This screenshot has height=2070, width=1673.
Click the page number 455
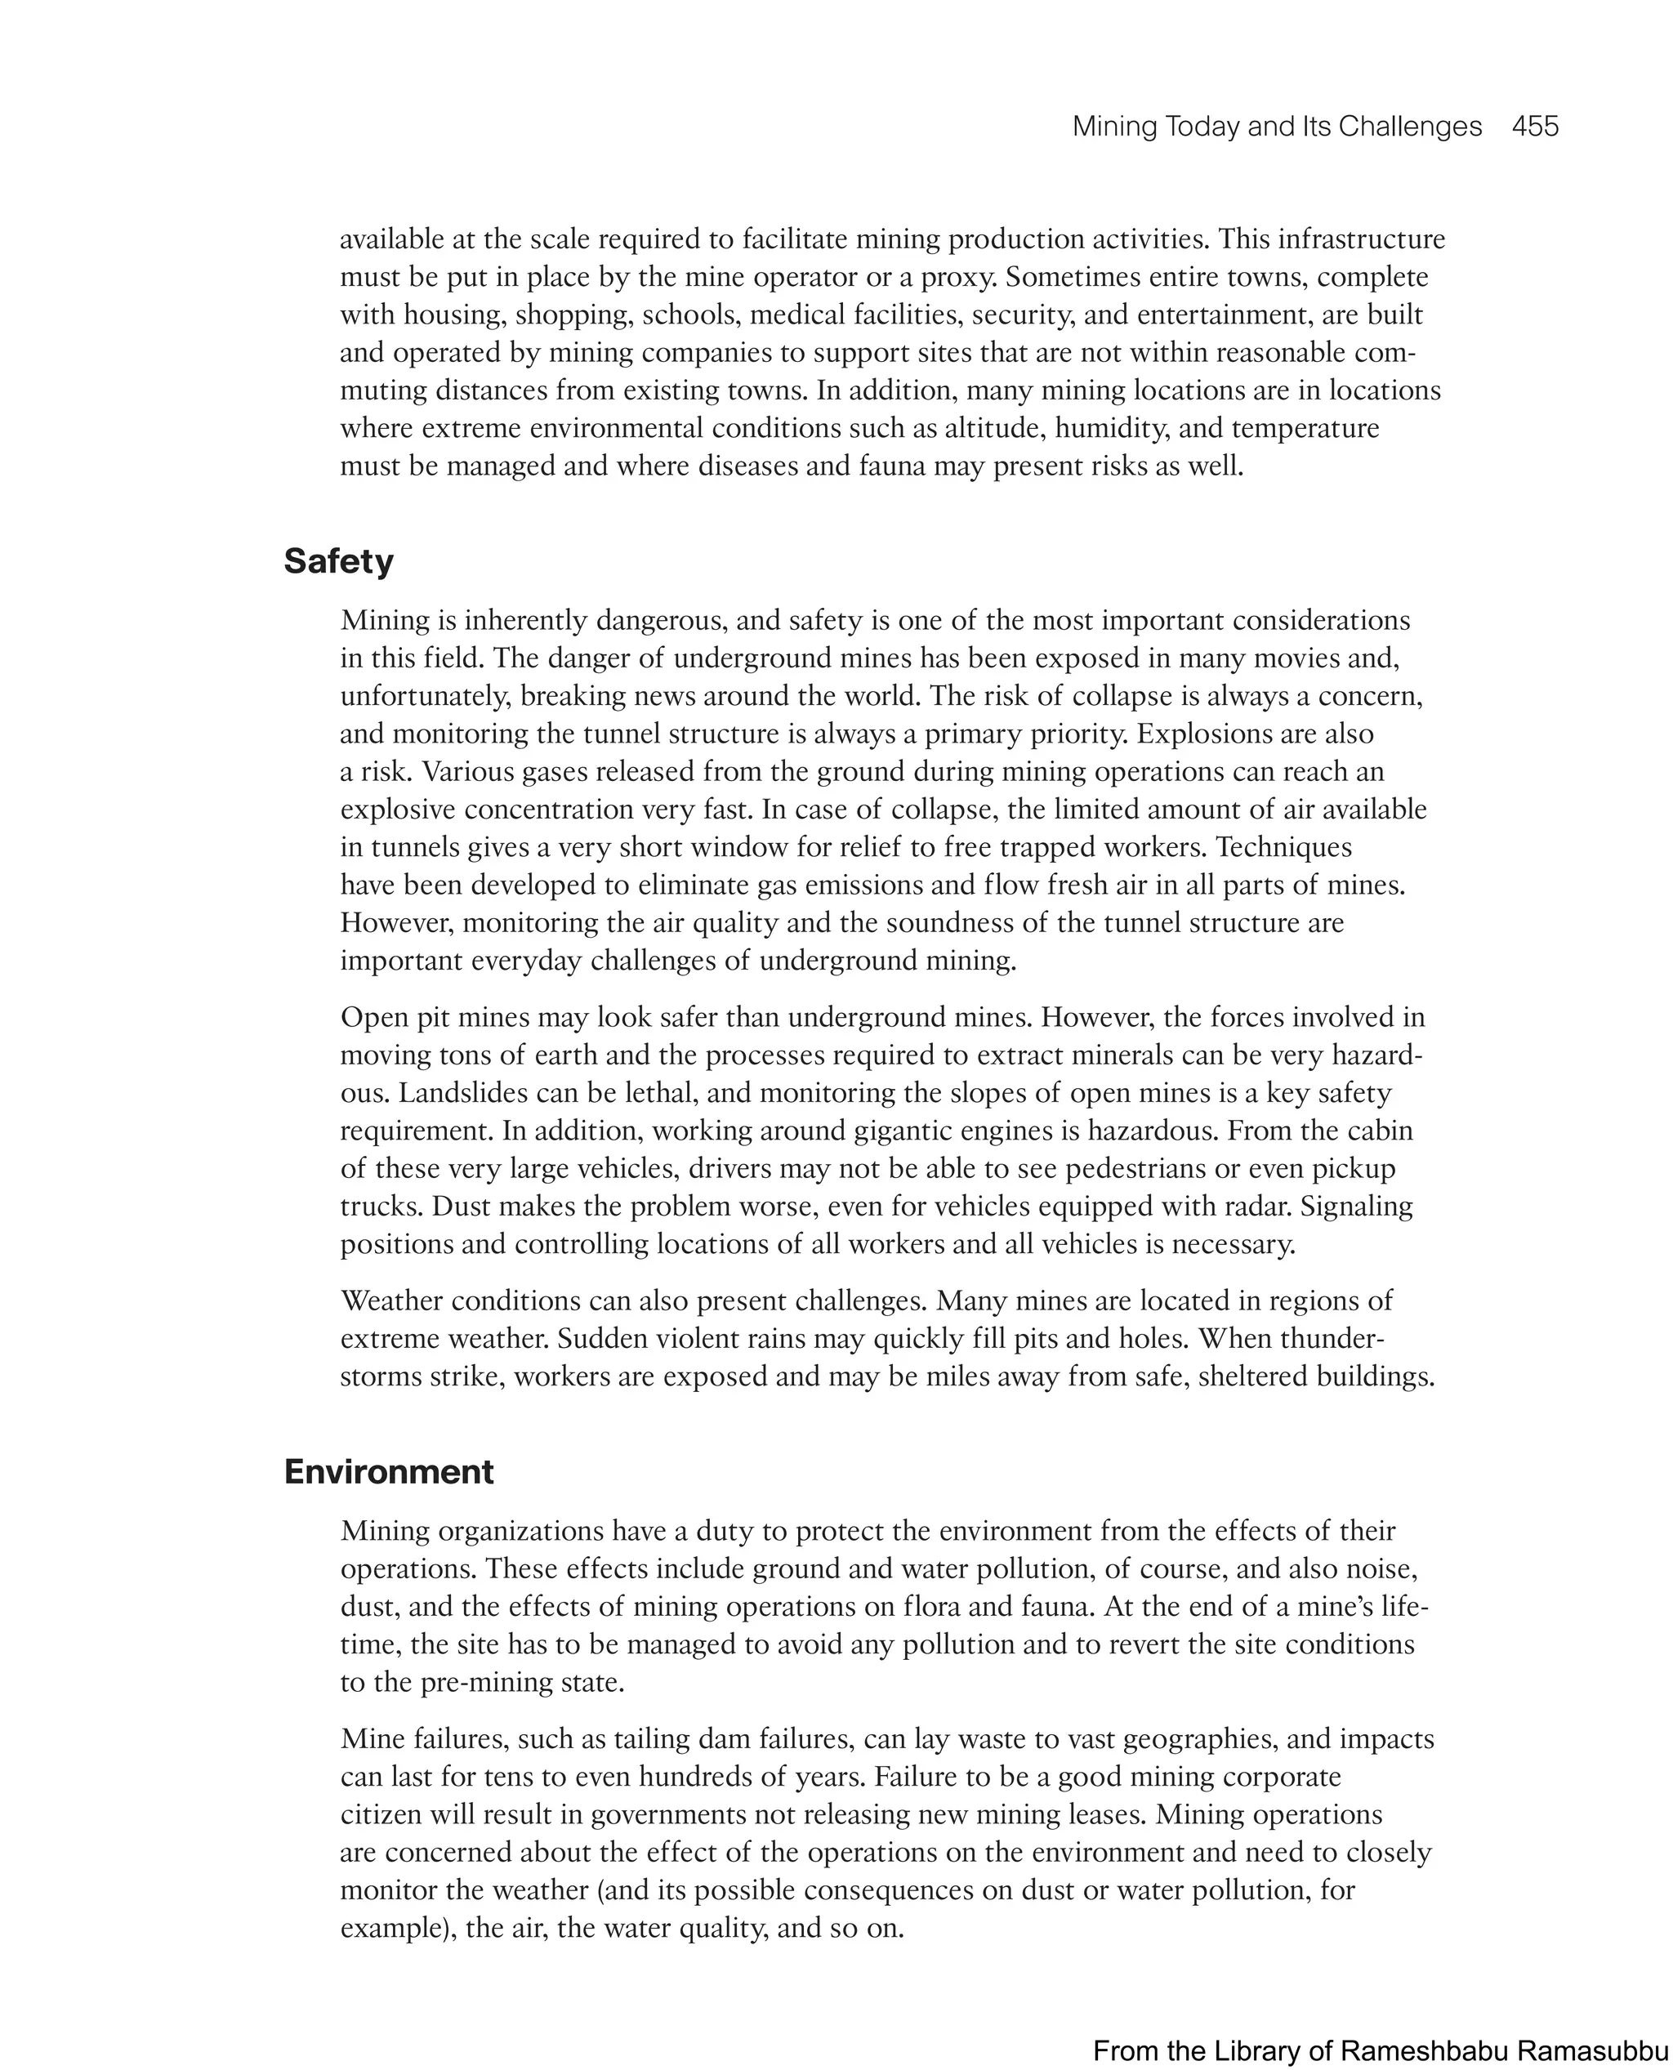click(x=1534, y=127)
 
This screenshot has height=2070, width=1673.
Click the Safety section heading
click(x=338, y=562)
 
